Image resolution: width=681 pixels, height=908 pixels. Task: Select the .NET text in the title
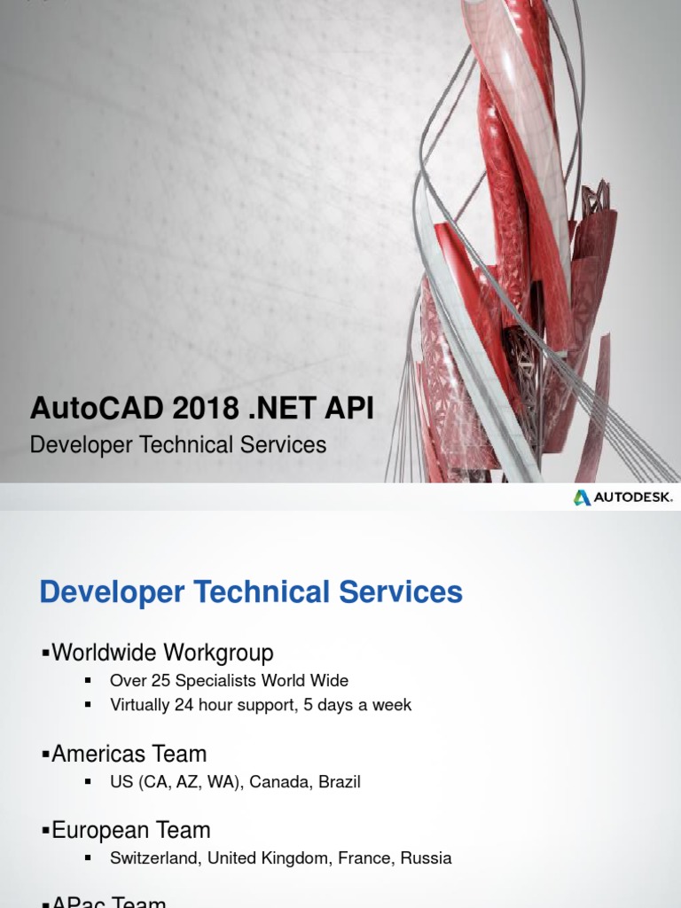[280, 409]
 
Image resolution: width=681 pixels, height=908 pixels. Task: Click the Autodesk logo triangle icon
[582, 497]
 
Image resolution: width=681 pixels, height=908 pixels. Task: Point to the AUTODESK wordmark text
[633, 497]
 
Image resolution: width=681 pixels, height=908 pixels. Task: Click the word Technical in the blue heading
[256, 592]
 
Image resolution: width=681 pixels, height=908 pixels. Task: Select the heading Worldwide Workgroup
[162, 654]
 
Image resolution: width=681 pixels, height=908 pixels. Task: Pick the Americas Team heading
[129, 755]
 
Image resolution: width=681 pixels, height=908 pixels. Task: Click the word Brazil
[333, 782]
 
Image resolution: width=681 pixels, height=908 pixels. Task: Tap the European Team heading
[130, 831]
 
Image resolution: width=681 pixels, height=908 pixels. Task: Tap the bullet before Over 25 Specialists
[88, 681]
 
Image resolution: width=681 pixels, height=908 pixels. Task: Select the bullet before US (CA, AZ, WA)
[88, 782]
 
